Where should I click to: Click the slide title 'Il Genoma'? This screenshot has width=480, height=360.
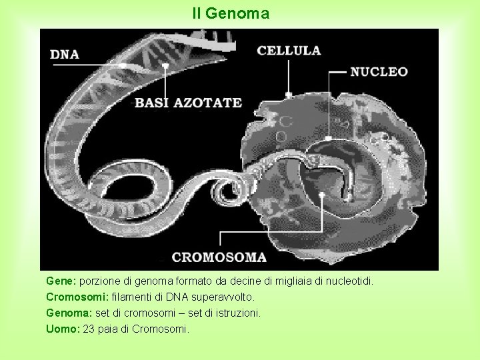pyautogui.click(x=231, y=13)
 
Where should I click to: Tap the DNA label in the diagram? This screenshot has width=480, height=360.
pyautogui.click(x=65, y=55)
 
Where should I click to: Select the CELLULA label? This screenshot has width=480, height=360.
pyautogui.click(x=289, y=50)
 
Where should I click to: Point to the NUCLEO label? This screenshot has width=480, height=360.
pyautogui.click(x=379, y=71)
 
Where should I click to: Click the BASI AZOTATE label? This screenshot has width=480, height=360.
pyautogui.click(x=188, y=103)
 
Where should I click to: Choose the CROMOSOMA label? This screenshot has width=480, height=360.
pyautogui.click(x=219, y=257)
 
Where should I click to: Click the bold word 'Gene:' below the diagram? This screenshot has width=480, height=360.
pyautogui.click(x=61, y=282)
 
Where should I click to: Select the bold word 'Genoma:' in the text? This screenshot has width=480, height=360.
pyautogui.click(x=69, y=313)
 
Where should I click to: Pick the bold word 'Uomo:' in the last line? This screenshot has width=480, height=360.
pyautogui.click(x=63, y=329)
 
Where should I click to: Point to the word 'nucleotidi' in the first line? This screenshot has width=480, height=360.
pyautogui.click(x=349, y=282)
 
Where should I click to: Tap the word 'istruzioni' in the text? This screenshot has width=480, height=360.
pyautogui.click(x=237, y=313)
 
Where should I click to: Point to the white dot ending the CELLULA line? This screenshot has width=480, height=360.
pyautogui.click(x=289, y=94)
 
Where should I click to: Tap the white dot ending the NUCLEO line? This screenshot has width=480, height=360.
pyautogui.click(x=329, y=139)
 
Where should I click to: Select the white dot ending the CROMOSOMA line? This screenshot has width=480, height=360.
pyautogui.click(x=321, y=195)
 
